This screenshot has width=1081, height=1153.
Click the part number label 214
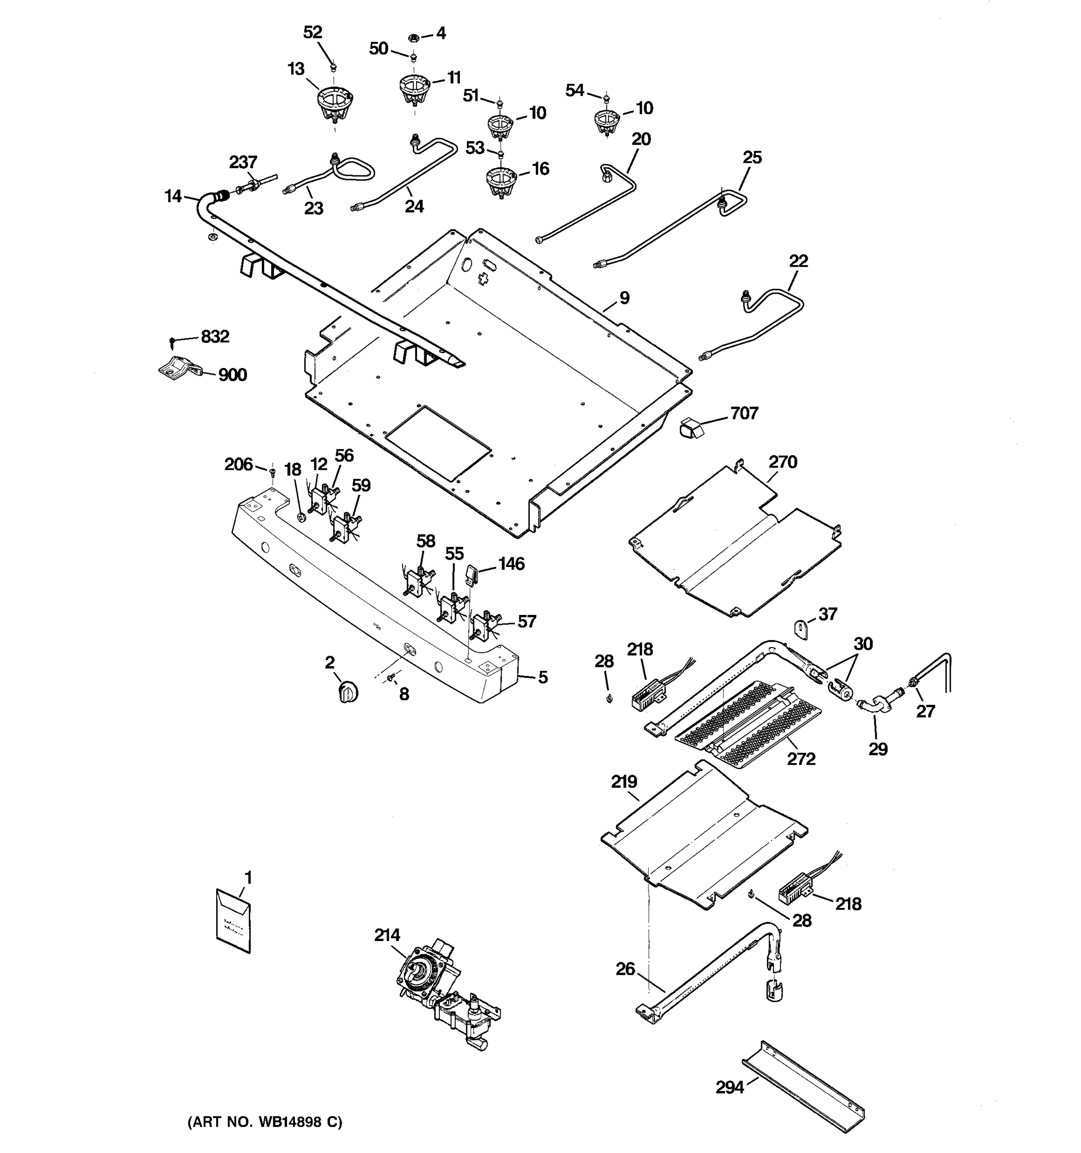[387, 935]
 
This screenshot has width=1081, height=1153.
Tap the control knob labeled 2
[347, 692]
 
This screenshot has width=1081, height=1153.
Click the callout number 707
[744, 414]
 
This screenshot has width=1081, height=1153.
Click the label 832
[215, 336]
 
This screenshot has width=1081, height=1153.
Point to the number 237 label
[243, 162]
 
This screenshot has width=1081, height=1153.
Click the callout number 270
[783, 462]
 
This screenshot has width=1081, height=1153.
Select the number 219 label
[624, 782]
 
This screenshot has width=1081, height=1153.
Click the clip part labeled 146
[471, 575]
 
